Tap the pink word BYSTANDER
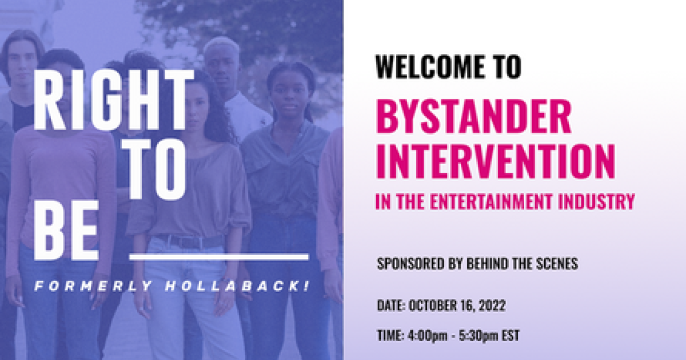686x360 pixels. pyautogui.click(x=474, y=117)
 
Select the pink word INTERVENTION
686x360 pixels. pyautogui.click(x=496, y=161)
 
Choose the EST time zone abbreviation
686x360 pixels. pyautogui.click(x=510, y=335)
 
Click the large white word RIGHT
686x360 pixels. pyautogui.click(x=113, y=100)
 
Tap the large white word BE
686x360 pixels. pyautogui.click(x=66, y=230)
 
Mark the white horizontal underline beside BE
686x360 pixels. pyautogui.click(x=219, y=257)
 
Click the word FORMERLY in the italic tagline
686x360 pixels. pyautogui.click(x=93, y=286)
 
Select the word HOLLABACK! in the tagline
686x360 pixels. pyautogui.click(x=237, y=286)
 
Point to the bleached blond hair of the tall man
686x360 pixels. pyautogui.click(x=221, y=46)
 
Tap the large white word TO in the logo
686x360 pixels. pyautogui.click(x=157, y=170)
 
